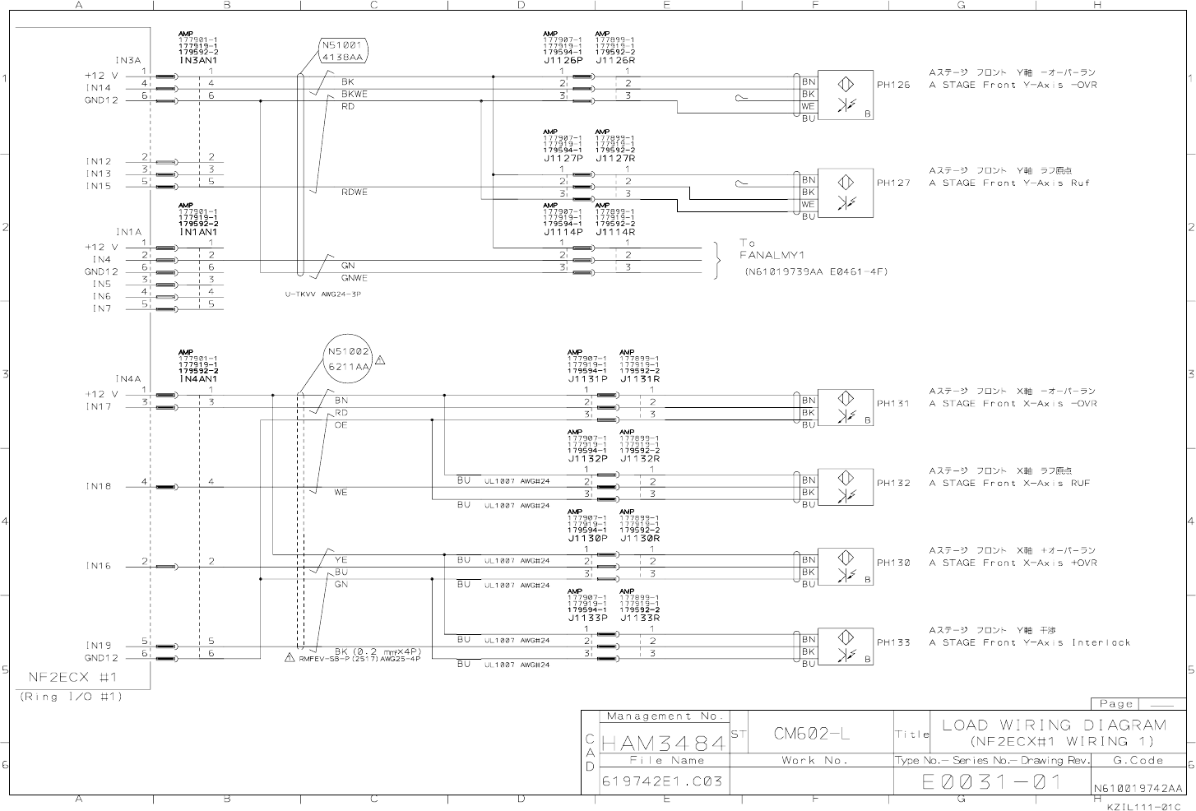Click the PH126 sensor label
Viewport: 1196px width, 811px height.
point(893,85)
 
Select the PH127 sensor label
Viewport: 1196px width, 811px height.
point(893,183)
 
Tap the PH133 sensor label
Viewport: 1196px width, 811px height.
point(893,642)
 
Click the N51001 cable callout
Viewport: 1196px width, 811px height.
point(343,52)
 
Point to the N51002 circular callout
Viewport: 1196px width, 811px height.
point(349,359)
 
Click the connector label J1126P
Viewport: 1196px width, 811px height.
point(563,60)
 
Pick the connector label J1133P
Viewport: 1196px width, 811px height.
point(587,618)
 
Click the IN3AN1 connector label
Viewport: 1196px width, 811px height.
point(198,61)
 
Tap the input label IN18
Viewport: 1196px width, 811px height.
point(99,486)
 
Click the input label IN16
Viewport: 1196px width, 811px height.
point(99,566)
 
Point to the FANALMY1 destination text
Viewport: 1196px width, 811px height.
point(771,255)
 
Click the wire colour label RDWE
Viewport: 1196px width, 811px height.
point(355,192)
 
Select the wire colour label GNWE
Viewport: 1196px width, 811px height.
point(355,278)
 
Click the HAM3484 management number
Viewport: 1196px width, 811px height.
point(664,744)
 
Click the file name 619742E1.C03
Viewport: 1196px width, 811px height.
point(662,781)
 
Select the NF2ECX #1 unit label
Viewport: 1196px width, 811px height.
point(73,678)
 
